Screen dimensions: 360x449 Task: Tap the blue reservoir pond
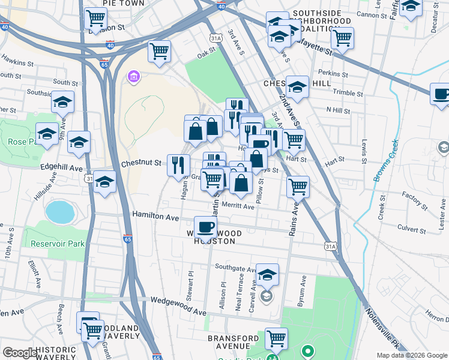tap(58, 212)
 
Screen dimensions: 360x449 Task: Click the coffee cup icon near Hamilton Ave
tap(205, 227)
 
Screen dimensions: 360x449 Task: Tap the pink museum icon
tap(133, 77)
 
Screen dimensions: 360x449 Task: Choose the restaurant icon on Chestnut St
tap(178, 164)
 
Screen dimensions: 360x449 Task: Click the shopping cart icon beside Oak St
tap(159, 51)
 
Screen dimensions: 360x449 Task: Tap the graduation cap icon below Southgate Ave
tap(268, 275)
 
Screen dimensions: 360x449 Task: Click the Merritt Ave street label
tap(238, 206)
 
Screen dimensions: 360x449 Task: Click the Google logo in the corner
tap(20, 353)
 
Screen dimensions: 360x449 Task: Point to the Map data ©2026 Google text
tap(412, 355)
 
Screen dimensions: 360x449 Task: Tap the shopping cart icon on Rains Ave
tap(298, 187)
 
